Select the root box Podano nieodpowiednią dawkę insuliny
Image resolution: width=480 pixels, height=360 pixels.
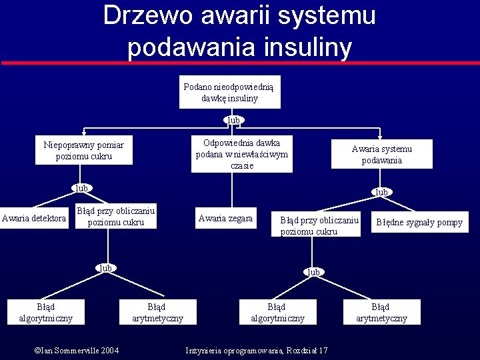click(x=230, y=92)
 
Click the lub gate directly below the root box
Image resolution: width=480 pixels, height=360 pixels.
click(x=233, y=120)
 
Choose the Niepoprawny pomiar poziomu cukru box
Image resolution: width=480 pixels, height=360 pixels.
click(x=84, y=151)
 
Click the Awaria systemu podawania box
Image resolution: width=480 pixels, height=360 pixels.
click(x=382, y=155)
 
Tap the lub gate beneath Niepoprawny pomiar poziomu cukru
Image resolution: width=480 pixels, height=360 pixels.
click(x=81, y=188)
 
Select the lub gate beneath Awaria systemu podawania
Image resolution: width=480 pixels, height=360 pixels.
click(x=381, y=192)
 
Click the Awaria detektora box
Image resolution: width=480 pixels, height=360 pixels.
click(x=34, y=218)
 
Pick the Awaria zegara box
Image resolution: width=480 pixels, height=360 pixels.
click(x=226, y=218)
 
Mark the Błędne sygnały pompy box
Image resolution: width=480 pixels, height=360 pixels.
click(x=419, y=222)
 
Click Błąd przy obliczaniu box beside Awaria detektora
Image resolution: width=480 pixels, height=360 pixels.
click(x=116, y=217)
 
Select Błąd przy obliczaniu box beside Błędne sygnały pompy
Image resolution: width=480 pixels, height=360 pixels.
click(x=319, y=225)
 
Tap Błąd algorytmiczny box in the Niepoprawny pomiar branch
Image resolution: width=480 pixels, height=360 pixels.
click(x=46, y=312)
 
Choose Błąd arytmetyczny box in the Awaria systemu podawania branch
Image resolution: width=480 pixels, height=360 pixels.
click(x=381, y=312)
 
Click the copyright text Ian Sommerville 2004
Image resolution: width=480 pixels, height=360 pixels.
click(x=77, y=351)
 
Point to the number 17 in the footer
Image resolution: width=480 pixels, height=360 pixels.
click(x=323, y=351)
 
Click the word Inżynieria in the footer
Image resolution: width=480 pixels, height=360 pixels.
click(x=205, y=351)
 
